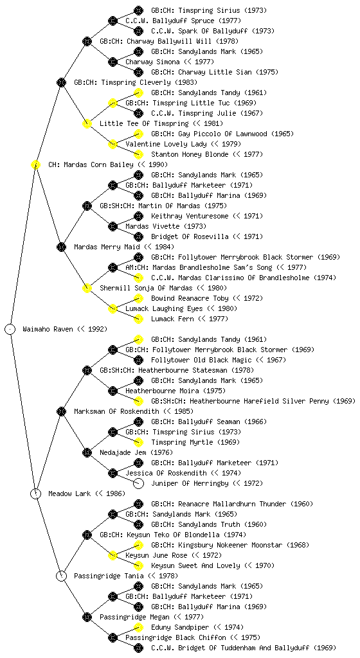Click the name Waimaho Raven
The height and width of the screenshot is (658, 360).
click(x=48, y=329)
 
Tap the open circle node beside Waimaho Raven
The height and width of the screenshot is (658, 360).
click(x=10, y=329)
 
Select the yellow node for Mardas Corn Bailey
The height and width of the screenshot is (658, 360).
click(x=35, y=164)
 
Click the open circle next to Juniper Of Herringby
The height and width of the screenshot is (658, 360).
click(x=138, y=483)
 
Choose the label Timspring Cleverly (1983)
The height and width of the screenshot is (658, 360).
click(x=136, y=82)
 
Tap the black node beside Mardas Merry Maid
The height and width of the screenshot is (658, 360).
click(x=61, y=247)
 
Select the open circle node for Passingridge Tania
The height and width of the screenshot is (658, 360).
click(x=61, y=576)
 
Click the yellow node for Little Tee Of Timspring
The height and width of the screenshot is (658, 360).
click(x=87, y=123)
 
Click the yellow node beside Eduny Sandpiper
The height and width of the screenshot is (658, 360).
click(x=138, y=627)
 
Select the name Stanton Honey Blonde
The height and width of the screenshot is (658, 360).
click(x=190, y=154)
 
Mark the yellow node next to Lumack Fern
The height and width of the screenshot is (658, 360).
click(x=138, y=319)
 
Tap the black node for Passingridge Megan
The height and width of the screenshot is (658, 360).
click(x=87, y=617)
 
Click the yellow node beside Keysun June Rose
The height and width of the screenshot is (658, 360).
click(x=113, y=555)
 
